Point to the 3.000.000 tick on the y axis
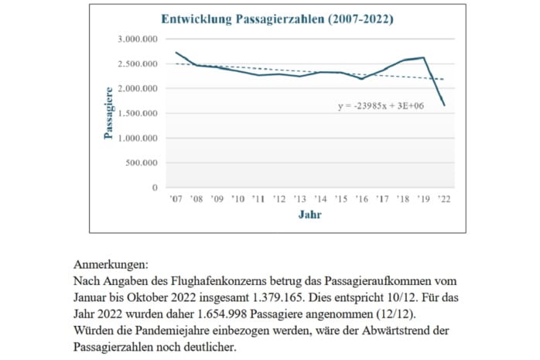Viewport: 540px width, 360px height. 138,39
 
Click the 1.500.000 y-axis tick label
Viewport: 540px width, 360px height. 138,113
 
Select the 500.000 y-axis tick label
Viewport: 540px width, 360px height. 142,163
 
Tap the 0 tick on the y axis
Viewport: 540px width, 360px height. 156,187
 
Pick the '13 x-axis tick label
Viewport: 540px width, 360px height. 300,200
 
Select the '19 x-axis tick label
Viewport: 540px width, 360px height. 422,200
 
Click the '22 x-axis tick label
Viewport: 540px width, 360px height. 443,200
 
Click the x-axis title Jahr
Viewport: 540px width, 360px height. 310,214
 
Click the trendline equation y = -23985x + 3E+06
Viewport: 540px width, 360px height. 384,105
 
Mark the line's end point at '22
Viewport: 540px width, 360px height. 443,105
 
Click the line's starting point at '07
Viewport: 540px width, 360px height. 177,53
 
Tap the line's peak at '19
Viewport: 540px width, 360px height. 423,57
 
